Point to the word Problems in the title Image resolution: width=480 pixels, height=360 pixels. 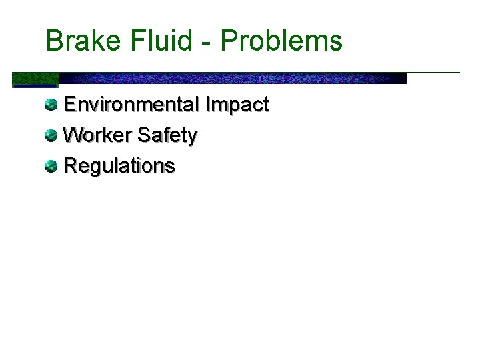(282, 41)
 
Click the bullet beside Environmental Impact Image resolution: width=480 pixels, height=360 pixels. (51, 105)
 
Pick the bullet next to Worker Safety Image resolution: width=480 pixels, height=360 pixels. (51, 135)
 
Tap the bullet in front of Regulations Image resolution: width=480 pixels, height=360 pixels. (51, 166)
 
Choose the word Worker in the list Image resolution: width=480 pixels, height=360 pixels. (98, 135)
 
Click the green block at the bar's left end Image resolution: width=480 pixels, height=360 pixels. (35, 79)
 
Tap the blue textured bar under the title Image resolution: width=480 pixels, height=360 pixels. (233, 78)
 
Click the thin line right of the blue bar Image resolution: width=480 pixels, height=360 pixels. (433, 72)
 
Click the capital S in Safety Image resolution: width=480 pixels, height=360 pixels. (143, 135)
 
